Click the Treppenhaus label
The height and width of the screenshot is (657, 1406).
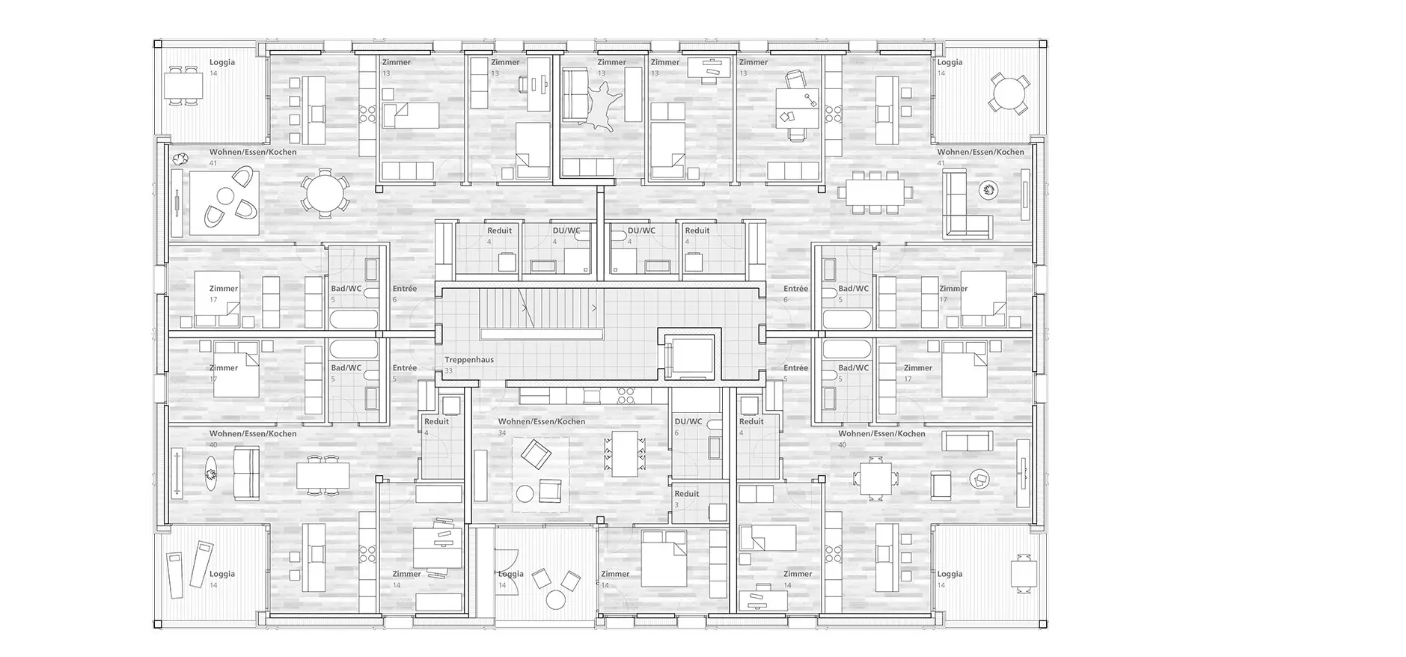click(x=469, y=360)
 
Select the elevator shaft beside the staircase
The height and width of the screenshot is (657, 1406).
click(x=688, y=355)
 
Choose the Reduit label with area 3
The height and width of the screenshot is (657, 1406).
click(x=687, y=494)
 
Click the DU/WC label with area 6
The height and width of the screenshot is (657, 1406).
click(x=688, y=421)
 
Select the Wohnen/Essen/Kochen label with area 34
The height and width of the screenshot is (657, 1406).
click(x=542, y=421)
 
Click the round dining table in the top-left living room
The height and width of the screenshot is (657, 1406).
click(x=323, y=193)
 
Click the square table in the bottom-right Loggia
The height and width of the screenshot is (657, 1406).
click(x=1023, y=574)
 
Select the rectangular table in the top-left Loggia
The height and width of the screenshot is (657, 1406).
click(x=183, y=87)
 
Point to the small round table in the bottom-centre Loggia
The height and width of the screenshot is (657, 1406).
click(x=556, y=599)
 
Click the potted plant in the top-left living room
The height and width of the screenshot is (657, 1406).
click(x=179, y=159)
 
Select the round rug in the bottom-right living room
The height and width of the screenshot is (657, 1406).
click(x=979, y=479)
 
